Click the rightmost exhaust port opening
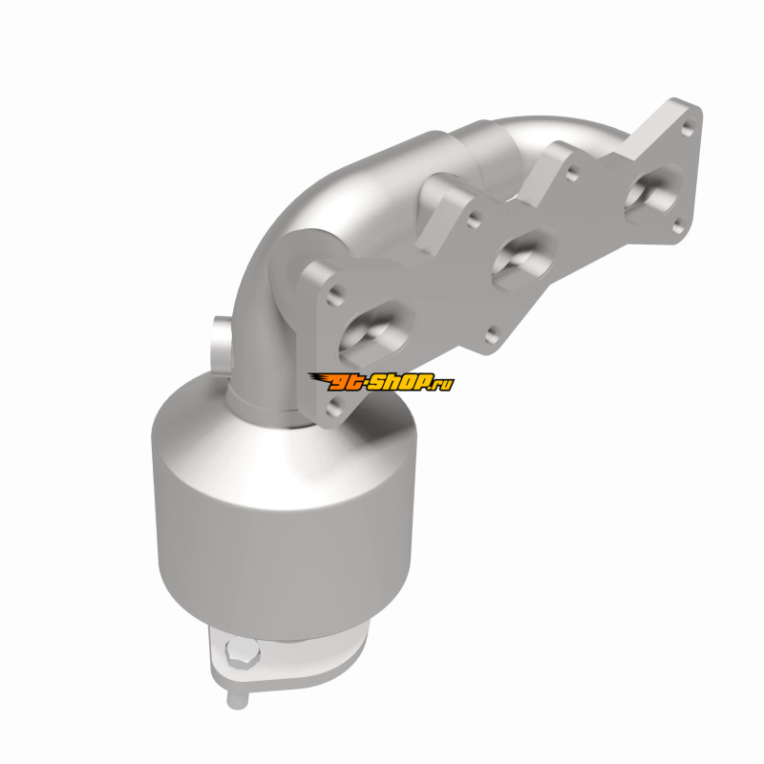(652, 193)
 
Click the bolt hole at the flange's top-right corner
(688, 129)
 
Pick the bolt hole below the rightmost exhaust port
(678, 227)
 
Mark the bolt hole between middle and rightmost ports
(573, 174)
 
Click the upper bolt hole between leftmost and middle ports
(474, 220)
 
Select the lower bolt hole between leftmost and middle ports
(493, 334)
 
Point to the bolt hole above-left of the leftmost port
(335, 295)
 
